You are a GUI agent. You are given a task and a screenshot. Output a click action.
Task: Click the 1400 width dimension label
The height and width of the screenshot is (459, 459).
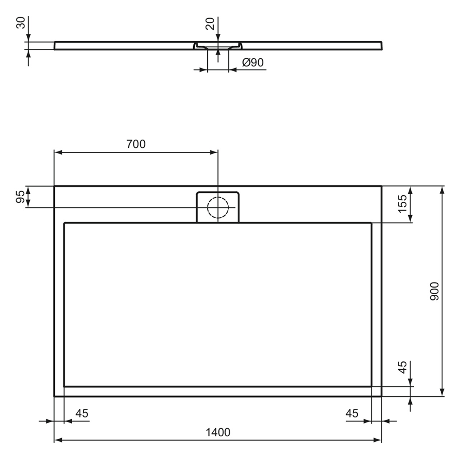(x=218, y=432)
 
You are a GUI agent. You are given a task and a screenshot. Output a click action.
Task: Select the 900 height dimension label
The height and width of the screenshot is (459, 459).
(x=435, y=291)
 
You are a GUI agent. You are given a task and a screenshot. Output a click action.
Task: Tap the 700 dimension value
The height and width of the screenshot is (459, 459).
(x=136, y=144)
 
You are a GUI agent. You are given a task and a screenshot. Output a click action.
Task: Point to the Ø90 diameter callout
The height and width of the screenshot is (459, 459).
(x=253, y=62)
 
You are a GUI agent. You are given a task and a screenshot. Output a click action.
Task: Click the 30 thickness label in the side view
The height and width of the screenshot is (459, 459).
(x=21, y=23)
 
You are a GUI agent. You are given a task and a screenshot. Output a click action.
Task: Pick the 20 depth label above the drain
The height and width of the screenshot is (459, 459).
(x=210, y=23)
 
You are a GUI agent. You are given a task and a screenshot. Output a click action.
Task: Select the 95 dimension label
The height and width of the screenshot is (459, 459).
(x=20, y=196)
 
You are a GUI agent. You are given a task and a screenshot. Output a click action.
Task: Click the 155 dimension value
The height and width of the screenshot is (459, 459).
(x=403, y=203)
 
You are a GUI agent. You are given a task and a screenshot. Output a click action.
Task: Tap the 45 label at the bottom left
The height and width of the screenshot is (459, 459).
(x=82, y=413)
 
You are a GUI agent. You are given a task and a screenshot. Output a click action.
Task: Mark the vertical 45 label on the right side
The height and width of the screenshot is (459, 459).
(x=403, y=367)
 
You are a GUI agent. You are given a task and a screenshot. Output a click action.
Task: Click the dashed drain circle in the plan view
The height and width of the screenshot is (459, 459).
(x=218, y=207)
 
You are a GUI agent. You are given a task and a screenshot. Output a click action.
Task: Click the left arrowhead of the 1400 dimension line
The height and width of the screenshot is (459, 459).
(x=57, y=440)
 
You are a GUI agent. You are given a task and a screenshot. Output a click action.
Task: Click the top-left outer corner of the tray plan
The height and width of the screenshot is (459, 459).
(x=54, y=186)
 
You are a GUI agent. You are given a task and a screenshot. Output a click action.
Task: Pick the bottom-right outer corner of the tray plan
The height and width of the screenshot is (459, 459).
(x=382, y=396)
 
